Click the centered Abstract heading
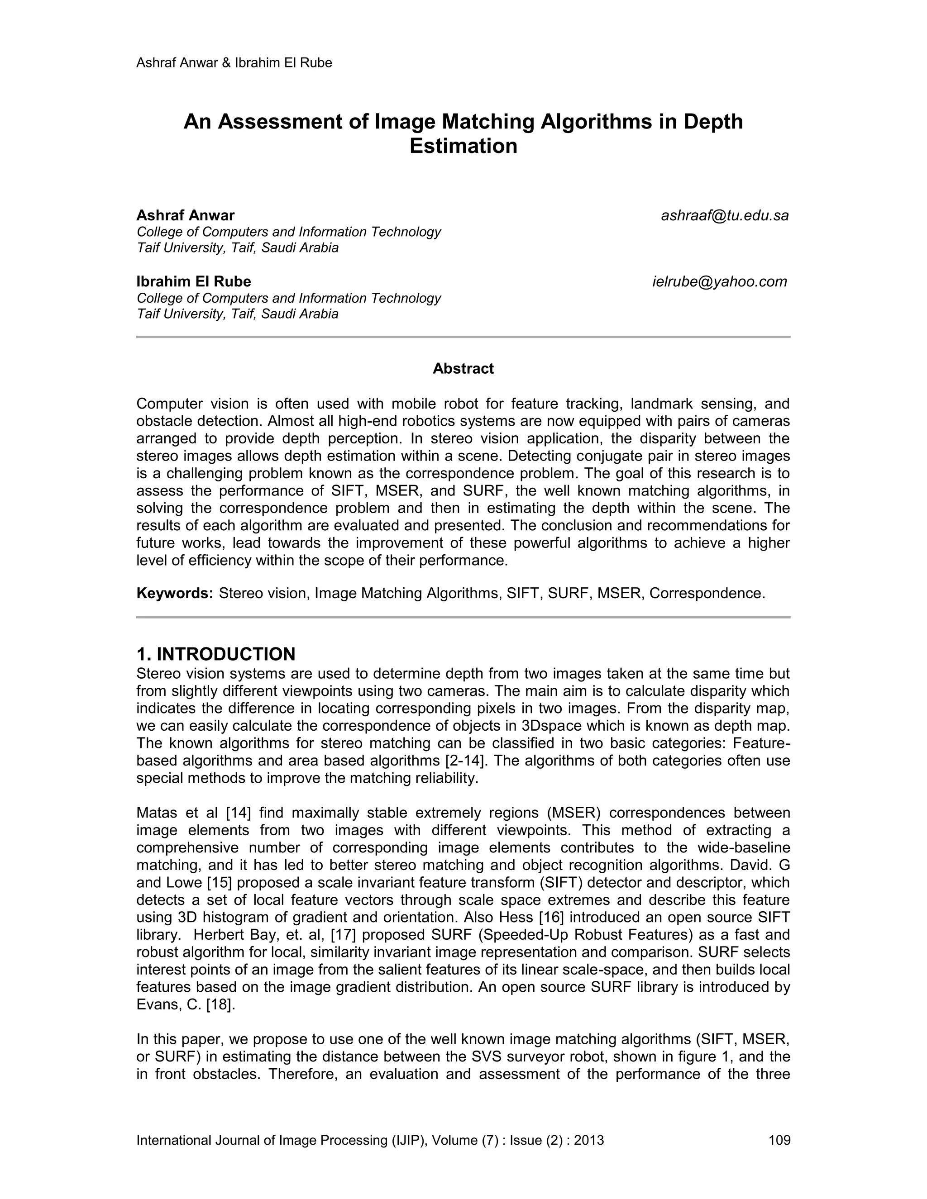(463, 368)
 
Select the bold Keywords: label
(175, 594)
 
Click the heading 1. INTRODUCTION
(216, 654)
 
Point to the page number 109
(779, 1140)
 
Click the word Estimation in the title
(463, 146)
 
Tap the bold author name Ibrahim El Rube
(193, 281)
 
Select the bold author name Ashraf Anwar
(185, 215)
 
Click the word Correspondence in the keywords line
(707, 594)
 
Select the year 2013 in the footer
(589, 1140)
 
